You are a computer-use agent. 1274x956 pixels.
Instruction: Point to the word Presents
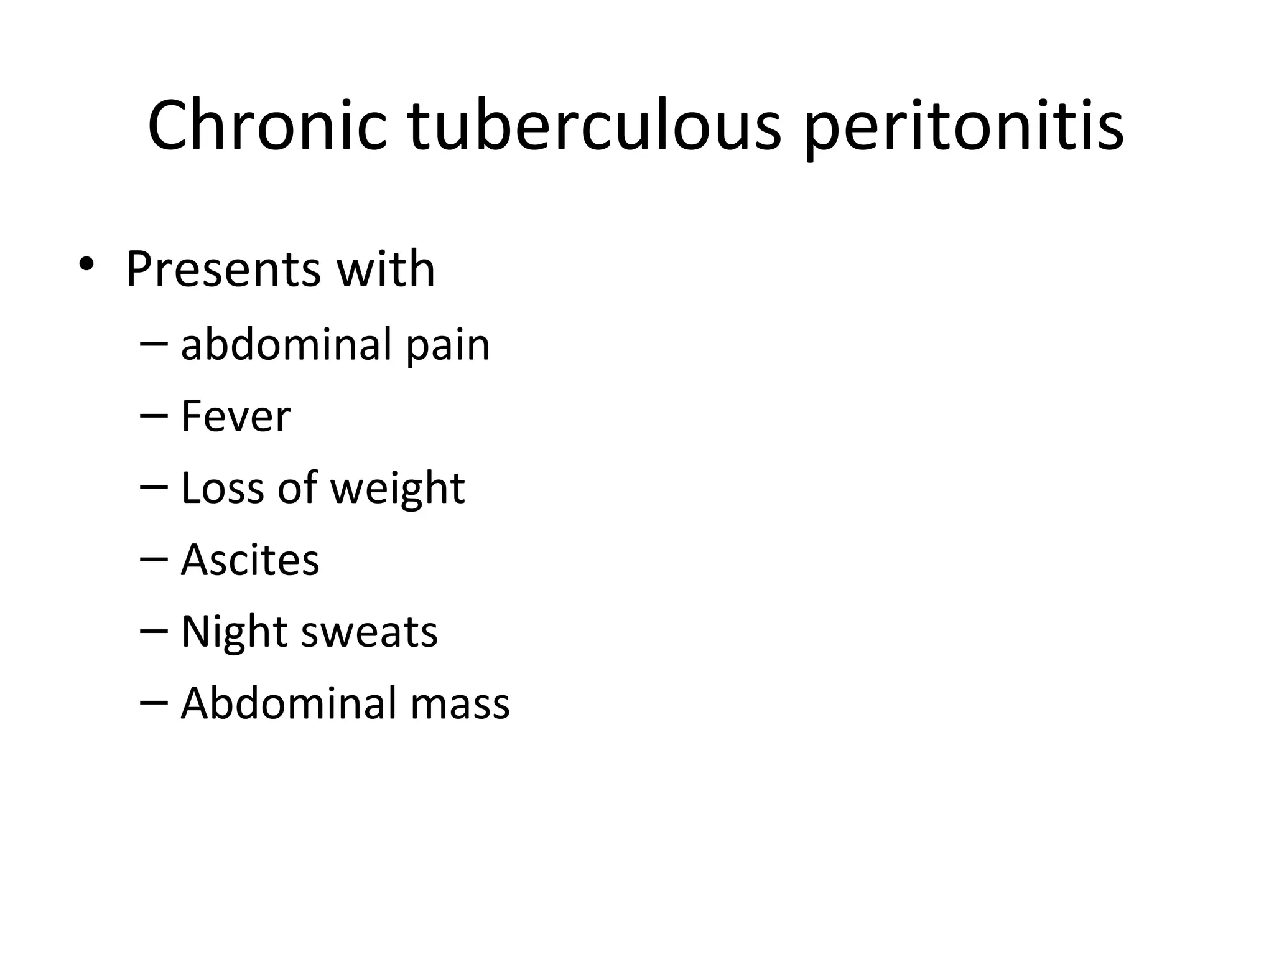pyautogui.click(x=223, y=269)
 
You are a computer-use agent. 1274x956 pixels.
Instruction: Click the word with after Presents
pyautogui.click(x=386, y=269)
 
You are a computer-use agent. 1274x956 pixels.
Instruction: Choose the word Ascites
pyautogui.click(x=250, y=560)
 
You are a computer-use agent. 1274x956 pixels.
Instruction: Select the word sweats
pyautogui.click(x=370, y=632)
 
